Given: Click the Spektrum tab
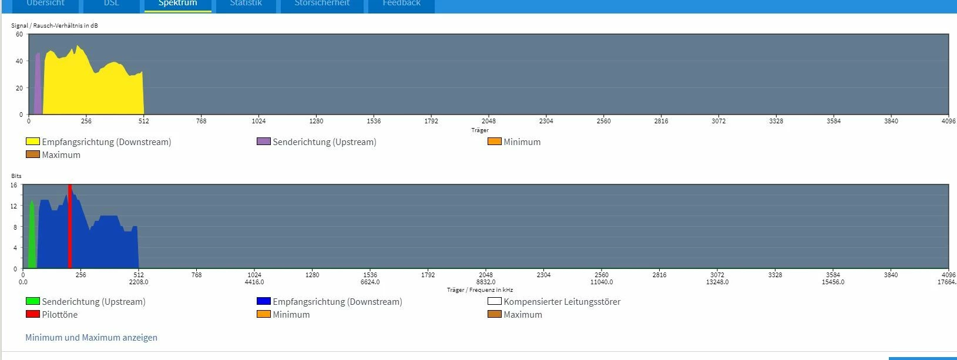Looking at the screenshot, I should pos(177,4).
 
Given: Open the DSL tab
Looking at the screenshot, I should pos(111,4).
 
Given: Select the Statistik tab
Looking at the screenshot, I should pos(246,4).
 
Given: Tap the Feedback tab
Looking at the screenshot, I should pos(401,4).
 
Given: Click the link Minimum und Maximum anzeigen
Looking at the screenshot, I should pos(91,338).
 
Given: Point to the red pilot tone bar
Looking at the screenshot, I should pos(70,229).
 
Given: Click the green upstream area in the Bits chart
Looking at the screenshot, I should pos(32,241).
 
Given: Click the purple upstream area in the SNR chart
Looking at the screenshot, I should pos(38,88).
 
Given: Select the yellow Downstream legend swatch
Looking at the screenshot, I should pos(33,142).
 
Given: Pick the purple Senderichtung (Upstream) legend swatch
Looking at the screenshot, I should pos(264,142).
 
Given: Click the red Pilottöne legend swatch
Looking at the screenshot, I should pos(33,314).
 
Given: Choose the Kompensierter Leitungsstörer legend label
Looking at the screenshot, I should pos(562,302).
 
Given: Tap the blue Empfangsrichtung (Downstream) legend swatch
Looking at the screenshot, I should pos(264,301).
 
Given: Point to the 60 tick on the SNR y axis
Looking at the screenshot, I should pos(19,35).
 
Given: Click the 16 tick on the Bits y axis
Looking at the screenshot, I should pos(14,185).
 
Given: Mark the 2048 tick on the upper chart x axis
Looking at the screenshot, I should pos(488,121).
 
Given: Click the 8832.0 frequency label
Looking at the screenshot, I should pos(486,282).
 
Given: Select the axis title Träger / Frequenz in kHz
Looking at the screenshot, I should pos(479,290).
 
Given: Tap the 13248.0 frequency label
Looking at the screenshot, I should pos(717,282).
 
